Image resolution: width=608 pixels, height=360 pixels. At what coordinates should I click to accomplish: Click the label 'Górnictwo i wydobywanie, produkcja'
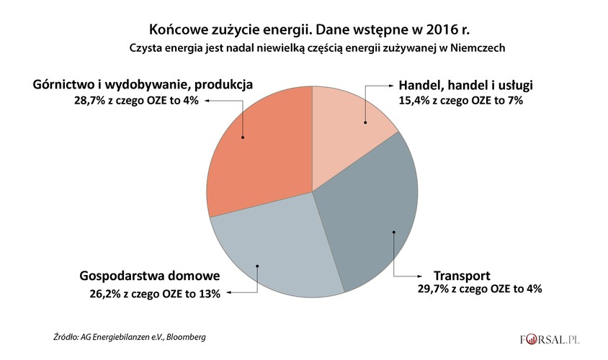pyautogui.click(x=143, y=84)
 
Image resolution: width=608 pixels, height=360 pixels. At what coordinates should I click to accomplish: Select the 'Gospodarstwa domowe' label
pyautogui.click(x=149, y=278)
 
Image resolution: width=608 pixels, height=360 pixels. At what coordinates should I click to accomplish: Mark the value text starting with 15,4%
pyautogui.click(x=460, y=102)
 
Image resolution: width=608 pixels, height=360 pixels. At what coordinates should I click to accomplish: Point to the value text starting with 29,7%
pyautogui.click(x=480, y=289)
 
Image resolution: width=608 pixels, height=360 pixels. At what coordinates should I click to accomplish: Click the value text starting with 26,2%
pyautogui.click(x=153, y=293)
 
